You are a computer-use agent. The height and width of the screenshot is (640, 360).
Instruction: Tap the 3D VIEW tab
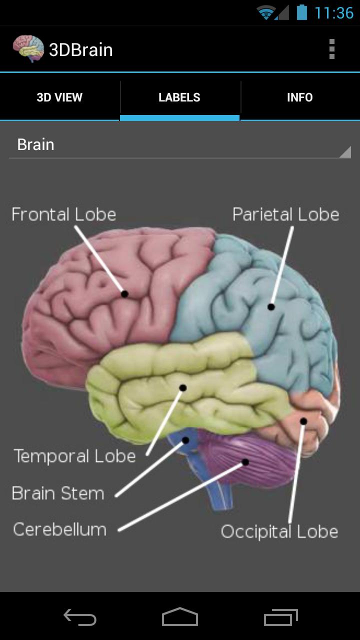59,97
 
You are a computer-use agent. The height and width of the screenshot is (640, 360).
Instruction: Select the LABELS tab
179,97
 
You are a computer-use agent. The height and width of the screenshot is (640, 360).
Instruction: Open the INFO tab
300,97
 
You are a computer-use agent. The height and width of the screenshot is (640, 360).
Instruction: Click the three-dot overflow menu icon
331,49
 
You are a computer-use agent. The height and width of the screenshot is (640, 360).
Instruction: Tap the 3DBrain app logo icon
28,48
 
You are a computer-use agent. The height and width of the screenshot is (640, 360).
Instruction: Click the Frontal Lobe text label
64,214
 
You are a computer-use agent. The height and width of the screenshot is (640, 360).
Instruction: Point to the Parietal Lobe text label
285,214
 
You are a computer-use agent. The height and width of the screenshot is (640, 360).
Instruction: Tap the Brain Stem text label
58,493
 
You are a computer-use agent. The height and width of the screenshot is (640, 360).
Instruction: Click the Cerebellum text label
59,529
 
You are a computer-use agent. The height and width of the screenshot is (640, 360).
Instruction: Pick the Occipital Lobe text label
279,531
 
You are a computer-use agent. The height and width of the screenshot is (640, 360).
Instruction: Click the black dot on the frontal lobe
124,293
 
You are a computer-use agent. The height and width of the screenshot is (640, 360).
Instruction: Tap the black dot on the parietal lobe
271,307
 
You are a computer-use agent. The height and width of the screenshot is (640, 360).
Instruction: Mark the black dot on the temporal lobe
183,387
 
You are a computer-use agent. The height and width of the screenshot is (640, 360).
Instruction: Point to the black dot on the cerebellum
245,462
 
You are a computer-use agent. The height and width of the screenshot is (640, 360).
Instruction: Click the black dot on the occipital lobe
303,421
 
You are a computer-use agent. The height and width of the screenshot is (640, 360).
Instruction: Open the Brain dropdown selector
180,144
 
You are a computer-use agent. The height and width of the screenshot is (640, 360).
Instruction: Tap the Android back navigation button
80,617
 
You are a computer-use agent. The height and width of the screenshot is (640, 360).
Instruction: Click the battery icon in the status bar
301,13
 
